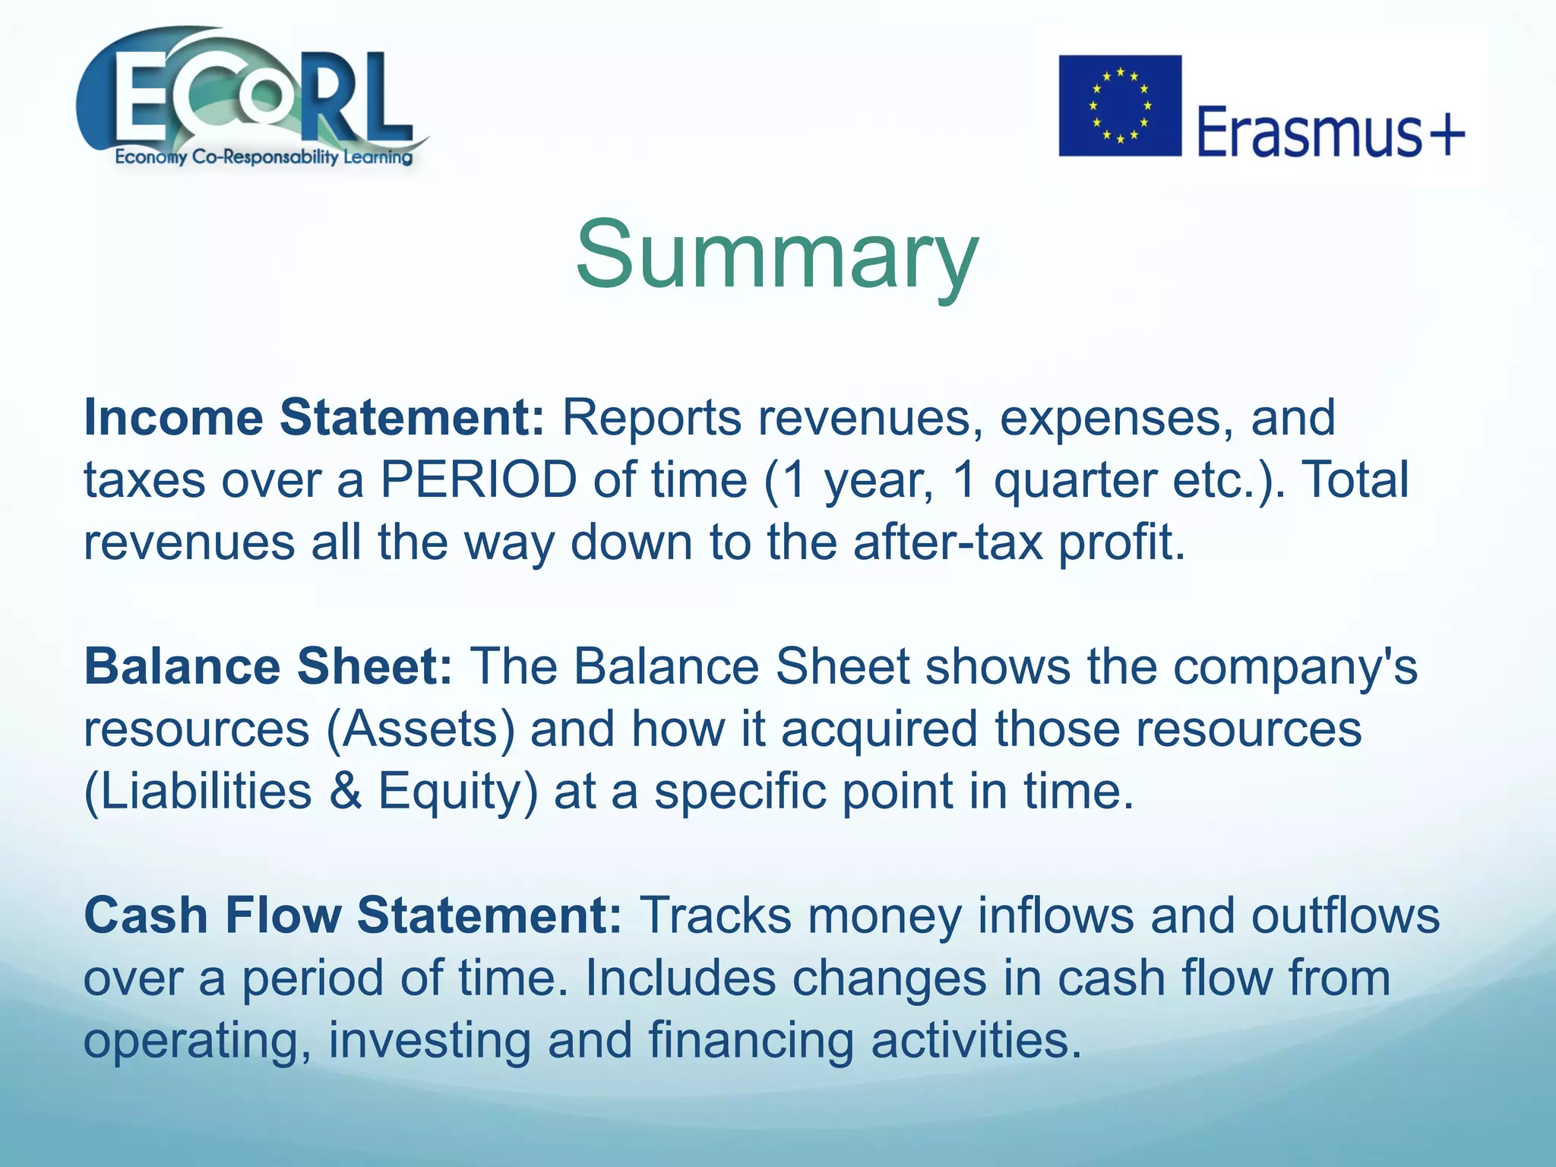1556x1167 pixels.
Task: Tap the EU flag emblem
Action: [x=1120, y=106]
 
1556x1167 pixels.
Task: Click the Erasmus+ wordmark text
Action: [x=1330, y=133]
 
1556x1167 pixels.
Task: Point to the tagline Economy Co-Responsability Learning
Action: [x=263, y=157]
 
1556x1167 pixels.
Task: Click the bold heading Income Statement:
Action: [x=314, y=418]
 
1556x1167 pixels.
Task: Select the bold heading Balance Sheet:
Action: [x=268, y=666]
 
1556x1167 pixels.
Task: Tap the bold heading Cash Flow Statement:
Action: [x=353, y=915]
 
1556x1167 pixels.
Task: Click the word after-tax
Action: [x=948, y=542]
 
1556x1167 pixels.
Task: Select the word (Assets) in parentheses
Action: [x=421, y=729]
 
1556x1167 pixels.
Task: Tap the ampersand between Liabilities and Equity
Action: [x=346, y=791]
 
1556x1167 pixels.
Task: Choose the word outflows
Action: [x=1345, y=915]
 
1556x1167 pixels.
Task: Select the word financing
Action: [x=751, y=1040]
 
